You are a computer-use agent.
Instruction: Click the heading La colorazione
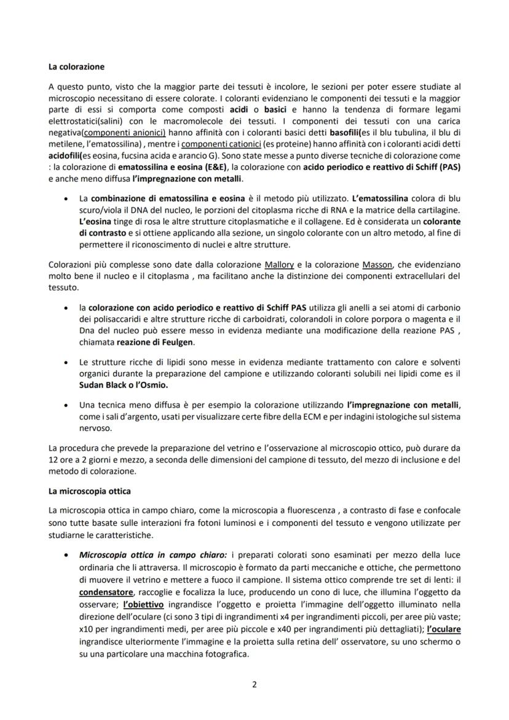tap(77, 66)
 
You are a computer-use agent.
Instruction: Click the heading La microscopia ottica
tap(90, 492)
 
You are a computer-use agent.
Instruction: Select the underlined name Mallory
tap(279, 264)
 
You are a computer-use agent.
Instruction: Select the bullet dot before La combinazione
tap(66, 199)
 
